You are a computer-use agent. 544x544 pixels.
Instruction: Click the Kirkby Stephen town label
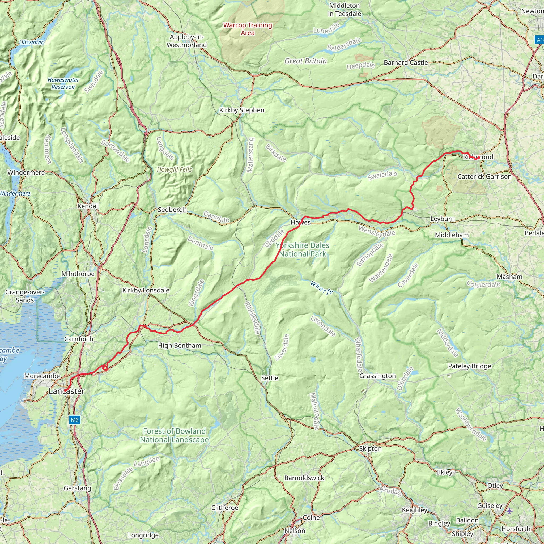pos(242,110)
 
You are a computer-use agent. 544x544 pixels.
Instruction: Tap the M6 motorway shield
pos(74,420)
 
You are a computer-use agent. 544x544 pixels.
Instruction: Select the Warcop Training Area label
pos(248,29)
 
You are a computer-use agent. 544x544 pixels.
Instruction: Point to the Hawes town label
pos(300,222)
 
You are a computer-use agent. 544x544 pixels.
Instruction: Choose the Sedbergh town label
pos(172,210)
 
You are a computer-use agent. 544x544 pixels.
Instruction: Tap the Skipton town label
pos(370,449)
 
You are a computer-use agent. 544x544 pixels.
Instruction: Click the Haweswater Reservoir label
pos(63,83)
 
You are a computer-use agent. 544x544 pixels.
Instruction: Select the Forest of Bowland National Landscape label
pos(174,435)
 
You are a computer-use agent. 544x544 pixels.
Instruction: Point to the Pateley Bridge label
pos(469,366)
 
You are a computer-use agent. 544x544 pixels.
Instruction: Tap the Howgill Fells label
pos(174,169)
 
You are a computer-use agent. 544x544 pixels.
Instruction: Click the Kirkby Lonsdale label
pos(146,290)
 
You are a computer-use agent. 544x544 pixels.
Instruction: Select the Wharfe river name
pos(322,288)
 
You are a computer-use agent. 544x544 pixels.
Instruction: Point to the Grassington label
pos(377,376)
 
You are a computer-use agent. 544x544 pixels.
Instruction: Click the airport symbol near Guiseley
pos(509,511)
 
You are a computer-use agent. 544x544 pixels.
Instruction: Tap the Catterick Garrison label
pos(484,177)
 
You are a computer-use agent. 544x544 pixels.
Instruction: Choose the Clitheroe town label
pos(224,508)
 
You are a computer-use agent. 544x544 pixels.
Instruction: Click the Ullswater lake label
pos(31,42)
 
